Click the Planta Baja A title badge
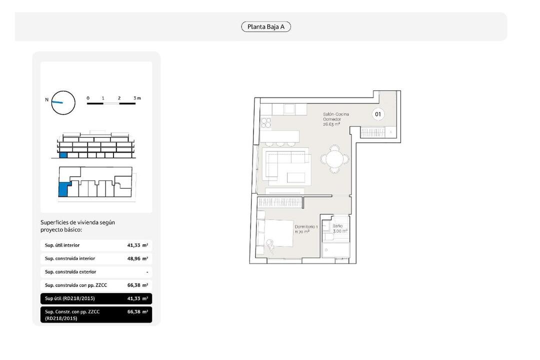pos(266,26)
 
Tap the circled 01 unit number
pos(378,114)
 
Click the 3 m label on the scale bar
pos(137,98)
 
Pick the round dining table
pos(334,159)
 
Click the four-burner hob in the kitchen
pos(265,123)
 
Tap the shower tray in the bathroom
pos(336,250)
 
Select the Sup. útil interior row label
pos(62,245)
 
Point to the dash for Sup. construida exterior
pos(147,272)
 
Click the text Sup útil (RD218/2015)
pos(69,298)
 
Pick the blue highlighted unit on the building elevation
pos(63,155)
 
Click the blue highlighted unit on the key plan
pos(63,189)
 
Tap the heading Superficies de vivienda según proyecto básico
pos(77,226)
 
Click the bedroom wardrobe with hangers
pos(279,202)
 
